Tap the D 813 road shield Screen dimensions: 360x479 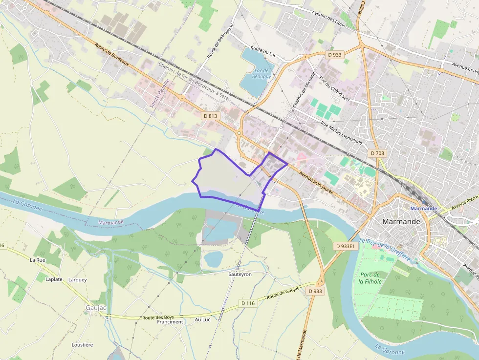click(211, 116)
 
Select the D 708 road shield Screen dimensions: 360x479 click(377, 153)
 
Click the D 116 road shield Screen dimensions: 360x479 click(248, 303)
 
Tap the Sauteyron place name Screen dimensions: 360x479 click(240, 275)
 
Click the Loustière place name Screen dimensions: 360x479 click(82, 344)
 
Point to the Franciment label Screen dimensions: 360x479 click(170, 322)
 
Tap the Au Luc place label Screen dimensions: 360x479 click(202, 319)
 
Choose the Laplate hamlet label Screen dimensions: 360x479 click(54, 279)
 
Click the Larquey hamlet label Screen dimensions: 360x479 click(78, 280)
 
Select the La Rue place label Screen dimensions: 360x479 click(37, 260)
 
